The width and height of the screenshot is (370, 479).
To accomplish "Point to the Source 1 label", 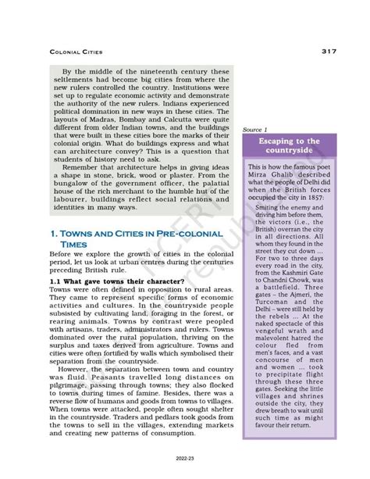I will click(255, 129).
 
